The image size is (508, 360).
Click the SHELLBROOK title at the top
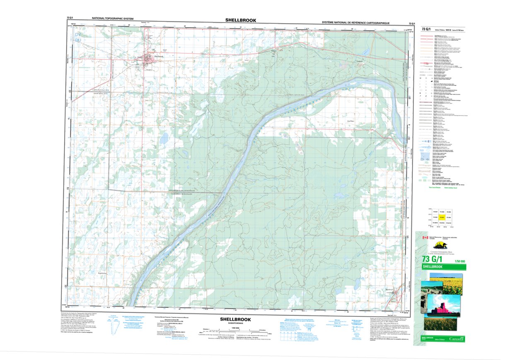(241, 20)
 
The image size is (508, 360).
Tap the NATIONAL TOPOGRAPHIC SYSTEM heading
(117, 19)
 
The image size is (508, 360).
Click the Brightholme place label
(102, 273)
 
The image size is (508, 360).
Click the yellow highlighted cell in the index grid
(442, 217)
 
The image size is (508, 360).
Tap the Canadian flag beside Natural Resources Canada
(424, 238)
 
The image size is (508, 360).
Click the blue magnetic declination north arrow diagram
(111, 324)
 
